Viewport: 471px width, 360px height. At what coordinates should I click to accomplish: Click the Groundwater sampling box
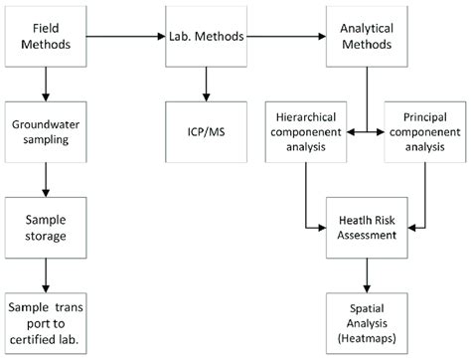[44, 132]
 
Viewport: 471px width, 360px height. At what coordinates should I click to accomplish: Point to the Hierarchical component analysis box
[306, 132]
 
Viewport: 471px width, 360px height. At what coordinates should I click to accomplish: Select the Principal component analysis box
[424, 132]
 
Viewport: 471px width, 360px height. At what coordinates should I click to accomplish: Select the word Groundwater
[44, 125]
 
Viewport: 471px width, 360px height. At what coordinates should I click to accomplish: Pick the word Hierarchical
[306, 117]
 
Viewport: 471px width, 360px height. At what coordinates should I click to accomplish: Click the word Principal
[424, 117]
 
